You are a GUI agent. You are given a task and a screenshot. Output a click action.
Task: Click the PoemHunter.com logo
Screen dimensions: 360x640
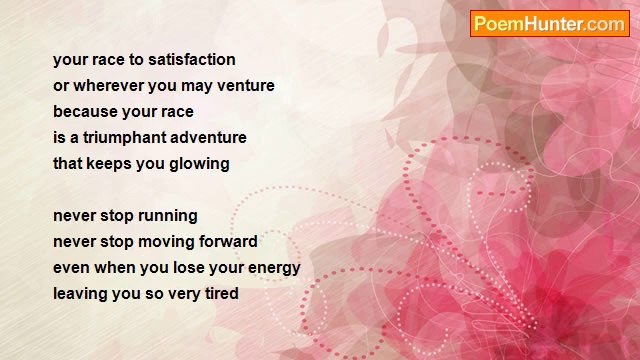point(549,24)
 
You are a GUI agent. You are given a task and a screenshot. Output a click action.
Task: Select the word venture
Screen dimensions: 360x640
point(245,86)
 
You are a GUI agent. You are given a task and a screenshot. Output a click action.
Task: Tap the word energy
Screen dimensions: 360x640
point(272,268)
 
